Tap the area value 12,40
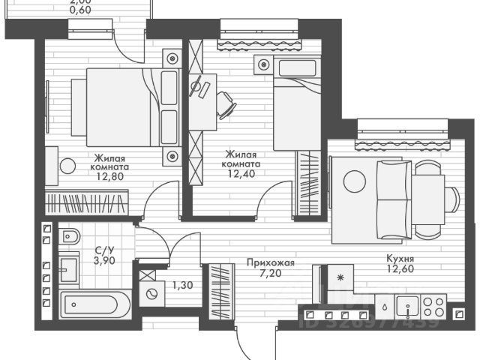[x=241, y=173]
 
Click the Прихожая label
[x=271, y=263]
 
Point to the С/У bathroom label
[x=104, y=250]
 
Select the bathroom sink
[x=69, y=268]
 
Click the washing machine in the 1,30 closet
[x=154, y=295]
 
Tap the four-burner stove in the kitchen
[x=433, y=305]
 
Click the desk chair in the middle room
[x=224, y=104]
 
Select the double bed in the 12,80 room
[x=124, y=106]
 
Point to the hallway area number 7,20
[x=271, y=274]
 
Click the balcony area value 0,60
[x=80, y=10]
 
